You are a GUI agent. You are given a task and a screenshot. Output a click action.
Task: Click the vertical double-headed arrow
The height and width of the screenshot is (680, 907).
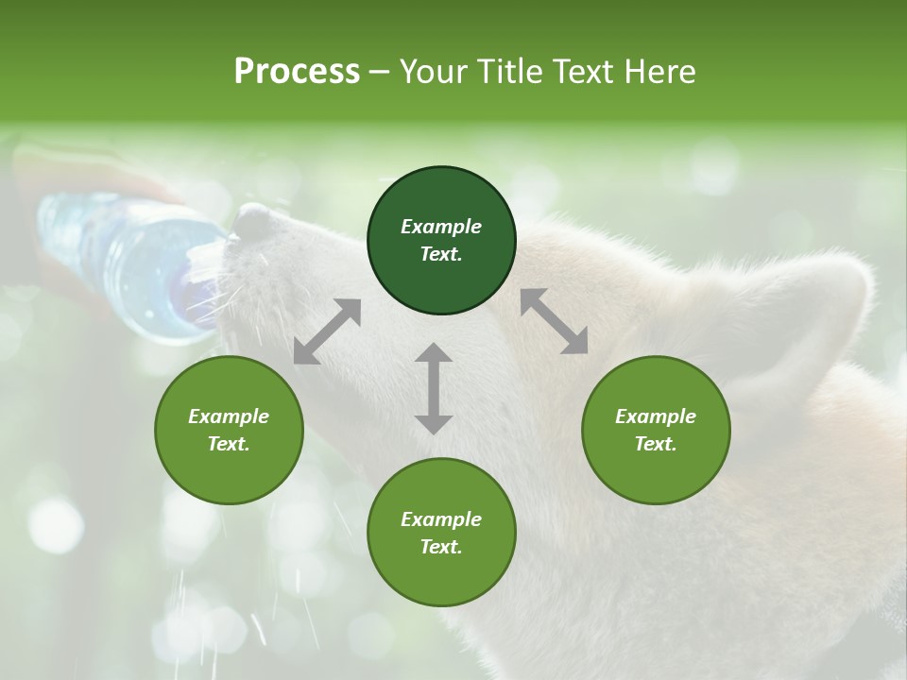[x=434, y=388]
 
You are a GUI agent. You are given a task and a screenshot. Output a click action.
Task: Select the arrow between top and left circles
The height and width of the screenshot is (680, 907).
[x=327, y=331]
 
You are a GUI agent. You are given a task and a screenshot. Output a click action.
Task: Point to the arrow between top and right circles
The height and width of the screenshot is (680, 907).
[x=554, y=321]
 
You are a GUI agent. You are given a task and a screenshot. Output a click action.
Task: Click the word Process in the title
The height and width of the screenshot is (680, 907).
[x=297, y=72]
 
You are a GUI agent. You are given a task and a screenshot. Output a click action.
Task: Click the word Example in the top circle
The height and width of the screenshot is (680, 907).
[x=441, y=227]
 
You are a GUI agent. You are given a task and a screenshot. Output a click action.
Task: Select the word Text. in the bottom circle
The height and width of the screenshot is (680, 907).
[x=441, y=547]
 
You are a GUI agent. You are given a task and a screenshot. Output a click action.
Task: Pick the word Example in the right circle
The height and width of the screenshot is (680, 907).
[x=656, y=416]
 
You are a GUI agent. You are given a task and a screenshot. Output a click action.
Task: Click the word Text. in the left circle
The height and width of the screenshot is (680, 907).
[x=229, y=444]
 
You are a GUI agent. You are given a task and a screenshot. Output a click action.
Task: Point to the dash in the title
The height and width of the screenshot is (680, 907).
[x=379, y=72]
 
